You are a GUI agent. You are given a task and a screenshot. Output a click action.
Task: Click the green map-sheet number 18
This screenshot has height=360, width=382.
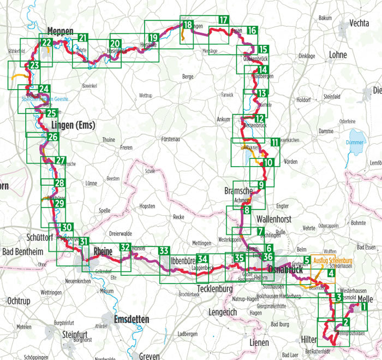188,25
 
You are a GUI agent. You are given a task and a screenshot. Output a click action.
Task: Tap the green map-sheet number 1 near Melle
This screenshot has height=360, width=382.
363,307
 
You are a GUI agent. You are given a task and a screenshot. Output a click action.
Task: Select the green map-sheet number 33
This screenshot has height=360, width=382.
164,251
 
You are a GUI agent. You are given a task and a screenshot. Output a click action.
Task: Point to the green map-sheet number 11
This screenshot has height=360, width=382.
274,143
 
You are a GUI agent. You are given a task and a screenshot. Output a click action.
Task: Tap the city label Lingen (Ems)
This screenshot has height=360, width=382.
73,125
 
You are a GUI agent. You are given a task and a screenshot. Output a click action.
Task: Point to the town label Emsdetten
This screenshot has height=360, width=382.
134,319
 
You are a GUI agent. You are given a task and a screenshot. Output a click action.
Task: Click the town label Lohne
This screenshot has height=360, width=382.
338,55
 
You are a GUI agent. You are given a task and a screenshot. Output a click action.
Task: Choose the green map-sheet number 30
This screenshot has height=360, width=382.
66,228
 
